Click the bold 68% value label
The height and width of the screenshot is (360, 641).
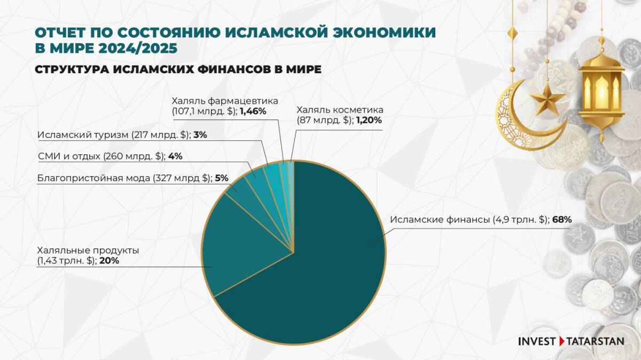point(562,220)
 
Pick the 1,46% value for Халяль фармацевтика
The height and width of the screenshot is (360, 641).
point(253,112)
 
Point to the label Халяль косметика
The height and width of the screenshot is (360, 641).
point(340,111)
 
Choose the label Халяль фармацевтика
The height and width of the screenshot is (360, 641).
point(225,100)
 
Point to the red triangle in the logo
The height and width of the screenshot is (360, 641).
point(562,341)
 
